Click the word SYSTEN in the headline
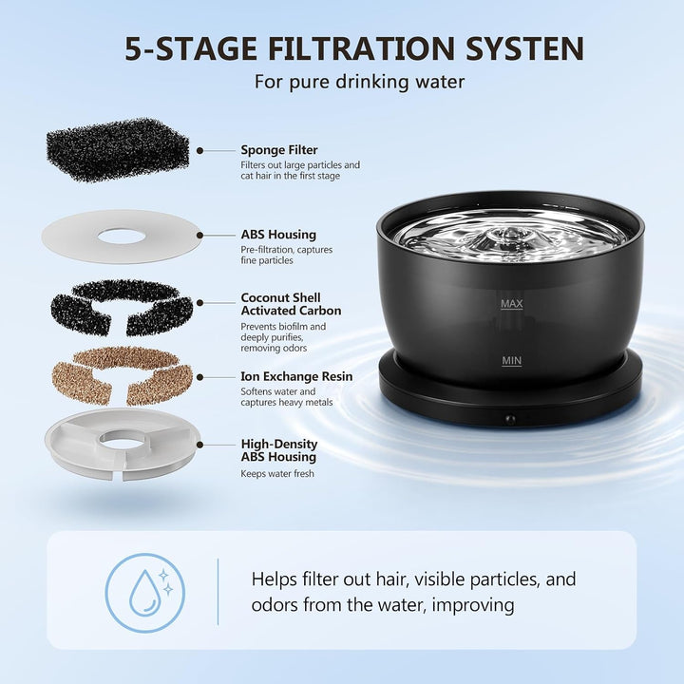point(524,48)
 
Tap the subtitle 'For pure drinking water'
point(359,82)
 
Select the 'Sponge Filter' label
point(279,150)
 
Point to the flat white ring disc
point(69,237)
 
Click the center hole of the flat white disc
point(122,237)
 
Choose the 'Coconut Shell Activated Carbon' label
point(291,304)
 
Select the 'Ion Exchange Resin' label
point(296,376)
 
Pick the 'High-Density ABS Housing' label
point(279,450)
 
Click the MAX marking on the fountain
point(512,304)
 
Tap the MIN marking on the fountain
point(512,361)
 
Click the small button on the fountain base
point(509,420)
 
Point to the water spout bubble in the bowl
point(508,235)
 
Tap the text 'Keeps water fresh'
point(277,474)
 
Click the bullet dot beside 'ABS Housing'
point(199,236)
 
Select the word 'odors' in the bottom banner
point(275,605)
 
